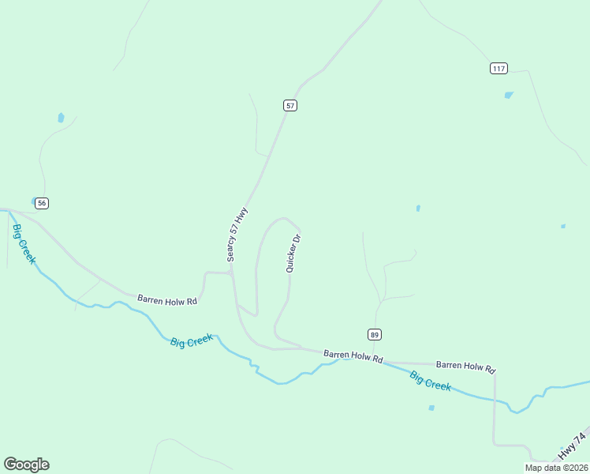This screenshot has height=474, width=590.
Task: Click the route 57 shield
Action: [x=290, y=105]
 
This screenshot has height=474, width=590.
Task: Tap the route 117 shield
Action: [x=498, y=69]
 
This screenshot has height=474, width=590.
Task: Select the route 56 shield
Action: [x=42, y=203]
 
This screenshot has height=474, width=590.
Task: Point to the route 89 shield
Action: [x=375, y=333]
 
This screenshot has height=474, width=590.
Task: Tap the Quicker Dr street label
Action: [x=293, y=254]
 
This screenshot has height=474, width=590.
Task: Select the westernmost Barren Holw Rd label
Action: [x=166, y=299]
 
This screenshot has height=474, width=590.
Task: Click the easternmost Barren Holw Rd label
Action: [x=465, y=367]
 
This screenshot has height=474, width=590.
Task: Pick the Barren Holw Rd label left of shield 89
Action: [x=353, y=357]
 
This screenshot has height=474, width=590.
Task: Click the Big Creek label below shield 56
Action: [x=23, y=244]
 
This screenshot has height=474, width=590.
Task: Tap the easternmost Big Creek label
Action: [x=430, y=381]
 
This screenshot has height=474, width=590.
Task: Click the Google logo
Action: [x=26, y=465]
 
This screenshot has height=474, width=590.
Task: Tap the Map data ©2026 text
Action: [x=556, y=468]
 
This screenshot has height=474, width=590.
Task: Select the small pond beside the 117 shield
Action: [x=509, y=96]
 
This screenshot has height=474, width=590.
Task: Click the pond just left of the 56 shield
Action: [x=32, y=201]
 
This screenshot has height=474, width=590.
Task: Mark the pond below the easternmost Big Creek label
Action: [x=431, y=408]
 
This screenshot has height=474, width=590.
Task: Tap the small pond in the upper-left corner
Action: [x=61, y=118]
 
